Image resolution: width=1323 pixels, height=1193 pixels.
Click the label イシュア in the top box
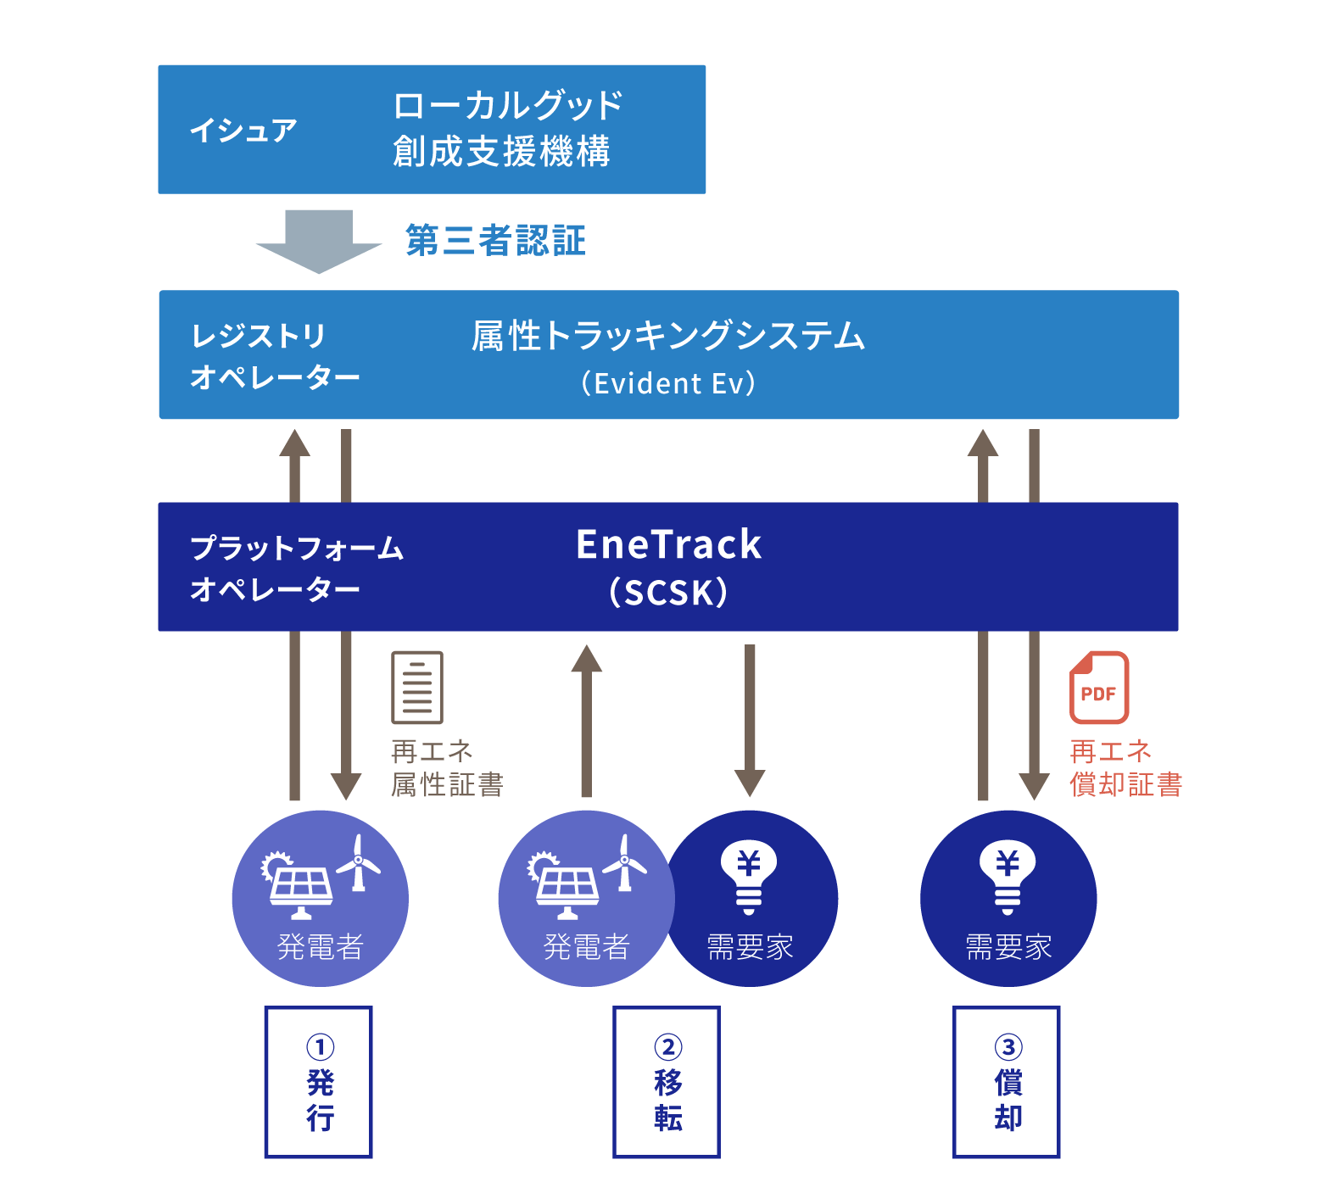[x=243, y=130]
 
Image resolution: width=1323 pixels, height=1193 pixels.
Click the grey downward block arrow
[x=319, y=241]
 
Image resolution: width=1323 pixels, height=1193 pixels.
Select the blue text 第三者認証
[x=496, y=241]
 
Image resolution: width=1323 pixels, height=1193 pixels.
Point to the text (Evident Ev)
[x=668, y=383]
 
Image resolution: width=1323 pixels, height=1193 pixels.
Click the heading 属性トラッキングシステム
[x=668, y=336]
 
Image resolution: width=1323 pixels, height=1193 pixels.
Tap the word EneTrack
[x=668, y=544]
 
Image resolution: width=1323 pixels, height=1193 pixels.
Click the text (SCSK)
[x=668, y=592]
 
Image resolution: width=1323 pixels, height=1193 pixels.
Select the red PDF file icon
[x=1098, y=688]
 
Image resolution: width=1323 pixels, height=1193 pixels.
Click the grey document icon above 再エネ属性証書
[x=417, y=688]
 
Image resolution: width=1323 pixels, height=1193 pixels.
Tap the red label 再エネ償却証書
[x=1125, y=768]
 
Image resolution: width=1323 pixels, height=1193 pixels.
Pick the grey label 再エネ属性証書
[x=447, y=768]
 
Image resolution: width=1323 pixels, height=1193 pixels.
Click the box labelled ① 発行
[x=319, y=1082]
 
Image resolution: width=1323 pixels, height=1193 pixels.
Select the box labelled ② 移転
[x=667, y=1082]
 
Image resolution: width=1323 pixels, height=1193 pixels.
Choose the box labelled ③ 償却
[x=1007, y=1082]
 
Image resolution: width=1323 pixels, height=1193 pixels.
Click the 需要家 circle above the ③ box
[x=1008, y=899]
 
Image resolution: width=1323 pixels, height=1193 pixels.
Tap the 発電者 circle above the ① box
[x=321, y=899]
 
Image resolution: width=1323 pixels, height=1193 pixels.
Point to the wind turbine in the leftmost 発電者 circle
[x=359, y=863]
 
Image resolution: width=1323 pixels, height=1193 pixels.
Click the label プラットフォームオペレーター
[x=297, y=567]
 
